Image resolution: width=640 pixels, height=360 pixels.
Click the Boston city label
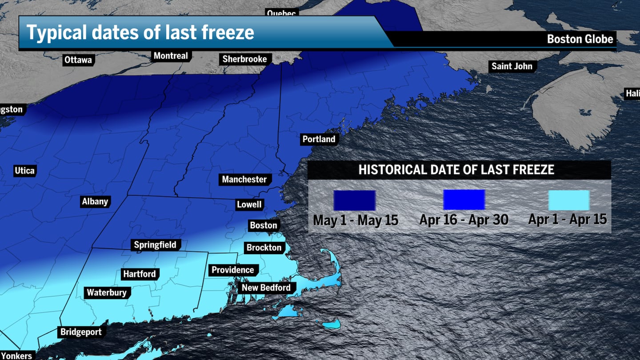pyautogui.click(x=263, y=225)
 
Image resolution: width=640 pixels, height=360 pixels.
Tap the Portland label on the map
pyautogui.click(x=319, y=139)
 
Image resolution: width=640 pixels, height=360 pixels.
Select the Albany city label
pyautogui.click(x=95, y=201)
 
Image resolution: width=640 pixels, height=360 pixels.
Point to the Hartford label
pyautogui.click(x=140, y=274)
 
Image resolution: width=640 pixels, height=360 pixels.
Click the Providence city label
pyautogui.click(x=232, y=270)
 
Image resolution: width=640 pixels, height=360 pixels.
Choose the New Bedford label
pyautogui.click(x=266, y=288)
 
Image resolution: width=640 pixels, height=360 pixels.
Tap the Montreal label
pyautogui.click(x=171, y=56)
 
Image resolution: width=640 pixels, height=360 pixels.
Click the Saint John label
pyautogui.click(x=512, y=66)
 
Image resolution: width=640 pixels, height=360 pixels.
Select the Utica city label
pyautogui.click(x=24, y=171)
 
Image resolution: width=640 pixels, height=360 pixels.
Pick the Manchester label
pyautogui.click(x=244, y=180)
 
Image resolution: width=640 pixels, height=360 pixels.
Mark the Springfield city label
pyautogui.click(x=155, y=245)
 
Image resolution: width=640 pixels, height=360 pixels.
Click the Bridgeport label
pyautogui.click(x=81, y=332)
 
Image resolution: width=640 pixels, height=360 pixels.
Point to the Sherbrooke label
pyautogui.click(x=244, y=59)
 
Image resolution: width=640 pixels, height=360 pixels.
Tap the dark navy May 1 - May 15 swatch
pyautogui.click(x=355, y=200)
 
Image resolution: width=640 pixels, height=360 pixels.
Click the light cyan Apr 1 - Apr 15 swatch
pyautogui.click(x=568, y=200)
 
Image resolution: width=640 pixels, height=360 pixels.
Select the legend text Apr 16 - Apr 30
pyautogui.click(x=464, y=220)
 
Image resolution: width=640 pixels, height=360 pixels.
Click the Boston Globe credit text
pyautogui.click(x=580, y=39)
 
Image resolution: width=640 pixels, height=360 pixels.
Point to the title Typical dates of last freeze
pyautogui.click(x=140, y=33)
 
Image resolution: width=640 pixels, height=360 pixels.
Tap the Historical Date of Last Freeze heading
pyautogui.click(x=456, y=169)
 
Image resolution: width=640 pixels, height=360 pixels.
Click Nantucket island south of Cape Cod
pyautogui.click(x=332, y=324)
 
